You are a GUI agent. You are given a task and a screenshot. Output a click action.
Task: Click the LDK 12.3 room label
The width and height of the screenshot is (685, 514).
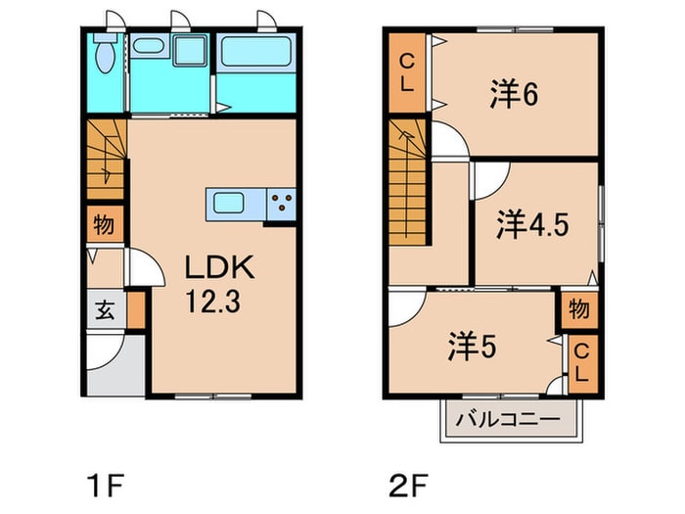click(x=219, y=281)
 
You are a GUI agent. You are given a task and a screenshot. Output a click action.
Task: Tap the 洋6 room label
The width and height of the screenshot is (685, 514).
click(x=515, y=95)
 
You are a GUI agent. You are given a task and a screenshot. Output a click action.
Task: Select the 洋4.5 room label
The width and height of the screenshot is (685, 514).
click(x=532, y=223)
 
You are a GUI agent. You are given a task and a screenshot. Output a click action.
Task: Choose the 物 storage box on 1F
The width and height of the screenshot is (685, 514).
click(x=103, y=225)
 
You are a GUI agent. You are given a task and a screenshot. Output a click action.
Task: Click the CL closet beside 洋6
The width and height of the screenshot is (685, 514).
click(x=405, y=72)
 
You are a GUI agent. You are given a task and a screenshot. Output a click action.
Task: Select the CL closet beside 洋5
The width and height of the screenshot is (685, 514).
click(x=581, y=361)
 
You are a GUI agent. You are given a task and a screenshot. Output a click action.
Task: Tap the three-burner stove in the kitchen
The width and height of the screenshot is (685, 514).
click(x=281, y=204)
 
